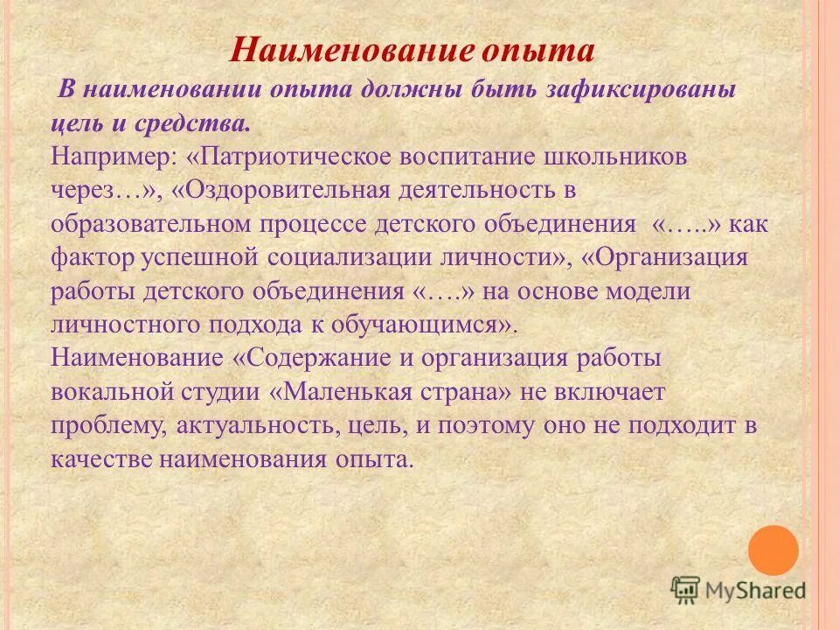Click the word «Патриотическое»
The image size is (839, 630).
pos(289,157)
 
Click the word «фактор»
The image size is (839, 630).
pos(90,257)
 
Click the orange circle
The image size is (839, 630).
pos(773,550)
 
